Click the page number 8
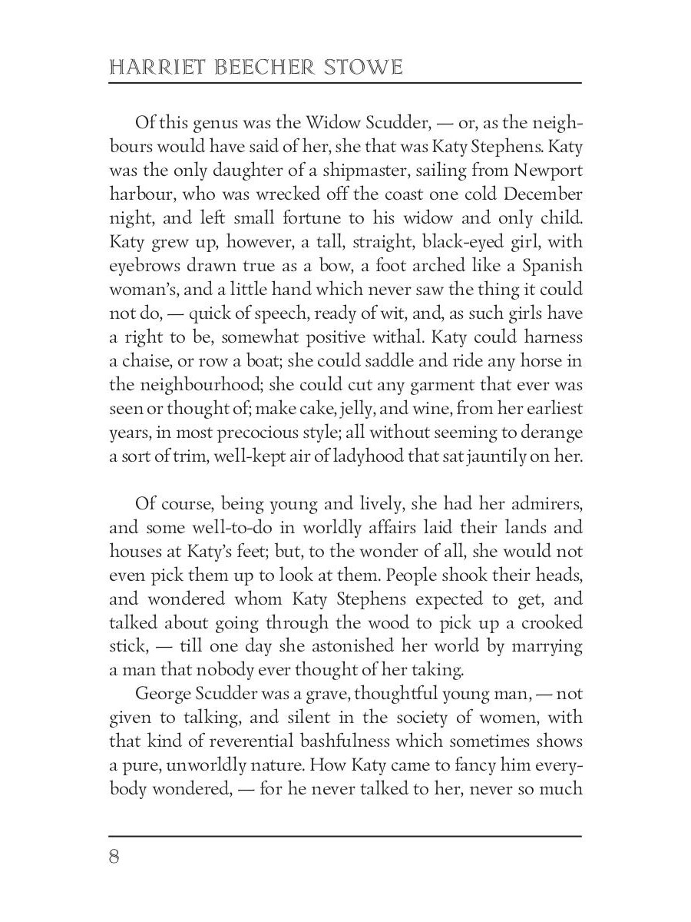(114, 857)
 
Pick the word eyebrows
(141, 267)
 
